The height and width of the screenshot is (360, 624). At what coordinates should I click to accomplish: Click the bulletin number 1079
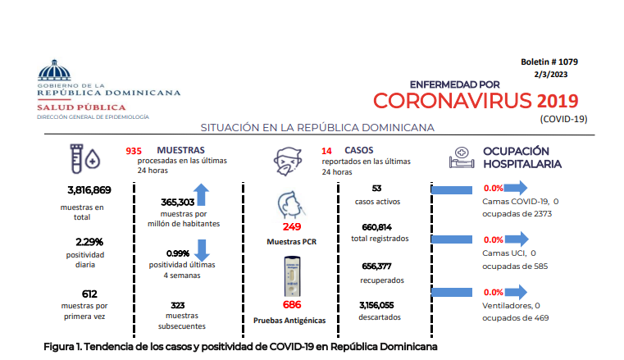[x=568, y=62]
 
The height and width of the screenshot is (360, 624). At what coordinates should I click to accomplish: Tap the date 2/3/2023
[x=551, y=75]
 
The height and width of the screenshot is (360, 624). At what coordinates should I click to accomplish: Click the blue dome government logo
[x=54, y=70]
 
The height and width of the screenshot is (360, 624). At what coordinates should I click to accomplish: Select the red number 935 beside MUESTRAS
[x=134, y=151]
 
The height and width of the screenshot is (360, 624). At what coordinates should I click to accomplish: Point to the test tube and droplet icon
[x=84, y=159]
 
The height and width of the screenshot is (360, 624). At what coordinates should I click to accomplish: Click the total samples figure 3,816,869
[x=89, y=190]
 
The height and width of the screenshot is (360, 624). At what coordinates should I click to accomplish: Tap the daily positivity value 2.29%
[x=89, y=242]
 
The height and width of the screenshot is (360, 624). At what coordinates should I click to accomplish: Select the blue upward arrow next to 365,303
[x=202, y=194]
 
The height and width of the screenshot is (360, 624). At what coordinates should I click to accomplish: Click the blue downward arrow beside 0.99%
[x=202, y=250]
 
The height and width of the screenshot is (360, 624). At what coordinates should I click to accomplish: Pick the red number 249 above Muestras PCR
[x=292, y=226]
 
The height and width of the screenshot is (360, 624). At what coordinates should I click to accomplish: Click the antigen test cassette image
[x=292, y=276]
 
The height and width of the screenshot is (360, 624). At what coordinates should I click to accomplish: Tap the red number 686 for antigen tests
[x=292, y=305]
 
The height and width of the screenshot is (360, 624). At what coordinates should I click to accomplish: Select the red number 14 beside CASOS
[x=326, y=151]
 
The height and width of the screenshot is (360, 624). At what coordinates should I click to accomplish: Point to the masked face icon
[x=288, y=161]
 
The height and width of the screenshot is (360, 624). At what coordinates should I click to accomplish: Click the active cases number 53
[x=376, y=188]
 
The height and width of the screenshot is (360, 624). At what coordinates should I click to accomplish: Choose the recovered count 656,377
[x=376, y=267]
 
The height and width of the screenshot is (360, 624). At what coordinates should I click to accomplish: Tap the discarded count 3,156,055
[x=376, y=305]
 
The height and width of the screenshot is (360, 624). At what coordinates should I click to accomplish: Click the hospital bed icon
[x=462, y=157]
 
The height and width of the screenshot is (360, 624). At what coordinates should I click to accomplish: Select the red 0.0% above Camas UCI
[x=494, y=240]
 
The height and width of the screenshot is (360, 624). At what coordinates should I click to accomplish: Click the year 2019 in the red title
[x=558, y=101]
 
